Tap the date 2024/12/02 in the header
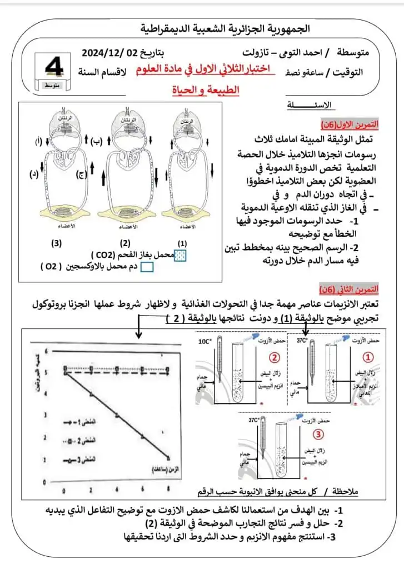click(109, 53)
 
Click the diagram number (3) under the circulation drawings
click(56, 243)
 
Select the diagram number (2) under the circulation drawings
click(126, 243)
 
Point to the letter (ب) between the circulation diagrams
click(96, 142)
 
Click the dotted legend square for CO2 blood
click(180, 255)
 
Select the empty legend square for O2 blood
click(147, 267)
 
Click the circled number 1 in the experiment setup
click(368, 355)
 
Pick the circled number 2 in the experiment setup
click(273, 355)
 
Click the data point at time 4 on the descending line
click(117, 415)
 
